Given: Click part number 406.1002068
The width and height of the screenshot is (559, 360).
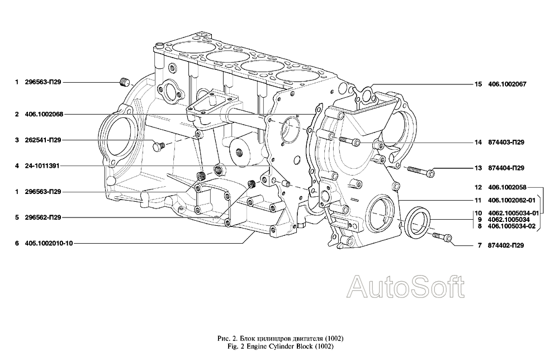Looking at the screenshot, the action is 44,115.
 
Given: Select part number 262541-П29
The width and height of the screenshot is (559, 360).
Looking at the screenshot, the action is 43,140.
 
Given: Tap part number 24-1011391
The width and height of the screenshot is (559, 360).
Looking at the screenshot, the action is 42,165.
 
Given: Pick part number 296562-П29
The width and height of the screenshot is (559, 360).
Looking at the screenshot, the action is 43,217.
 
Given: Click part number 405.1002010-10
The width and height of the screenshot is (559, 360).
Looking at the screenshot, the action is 49,243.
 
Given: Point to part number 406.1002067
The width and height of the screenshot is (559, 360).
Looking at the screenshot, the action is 507,84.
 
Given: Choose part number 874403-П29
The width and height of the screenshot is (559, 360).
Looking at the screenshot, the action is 506,143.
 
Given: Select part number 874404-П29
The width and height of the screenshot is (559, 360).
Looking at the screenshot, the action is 506,168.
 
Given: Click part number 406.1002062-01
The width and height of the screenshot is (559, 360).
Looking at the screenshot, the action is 511,201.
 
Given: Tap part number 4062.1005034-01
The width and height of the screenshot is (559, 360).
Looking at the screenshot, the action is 513,214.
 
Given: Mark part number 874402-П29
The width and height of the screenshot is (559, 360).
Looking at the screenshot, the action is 506,245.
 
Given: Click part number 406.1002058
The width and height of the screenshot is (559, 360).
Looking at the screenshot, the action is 507,187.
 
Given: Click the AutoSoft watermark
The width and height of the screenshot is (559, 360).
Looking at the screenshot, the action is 406,287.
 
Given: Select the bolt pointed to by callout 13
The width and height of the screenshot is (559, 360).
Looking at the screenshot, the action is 421,170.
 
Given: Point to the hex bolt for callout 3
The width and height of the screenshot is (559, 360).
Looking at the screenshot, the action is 158,146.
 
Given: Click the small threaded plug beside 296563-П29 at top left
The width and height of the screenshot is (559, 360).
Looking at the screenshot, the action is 124,82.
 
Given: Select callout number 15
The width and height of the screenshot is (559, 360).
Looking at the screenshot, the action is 478,84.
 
